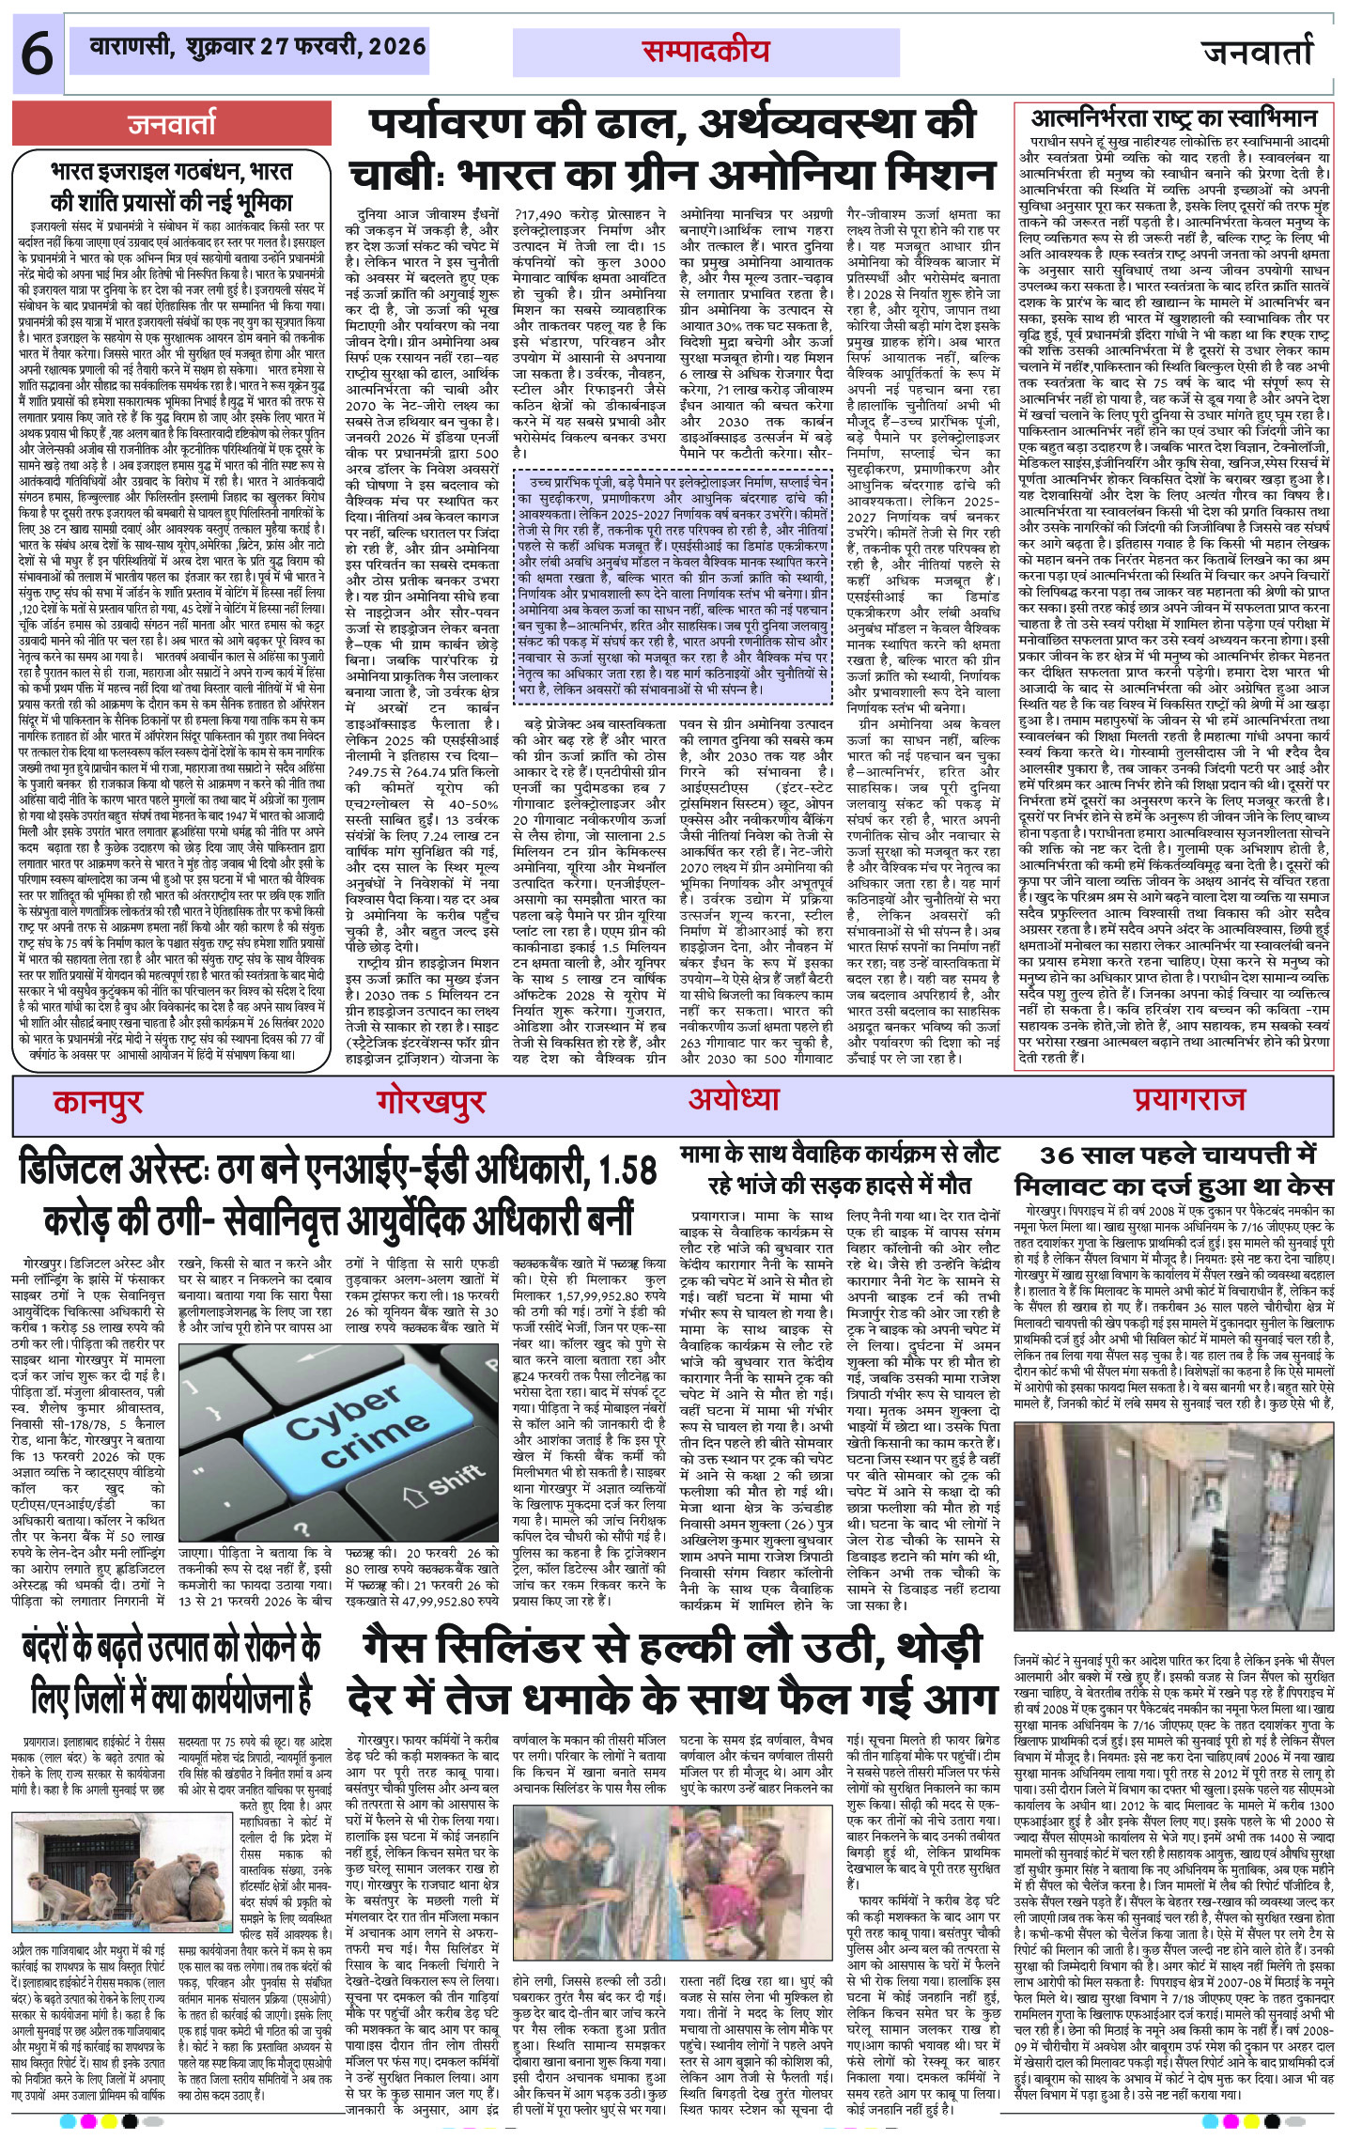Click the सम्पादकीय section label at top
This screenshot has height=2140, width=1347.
(705, 52)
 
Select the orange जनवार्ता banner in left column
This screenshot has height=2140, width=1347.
(171, 124)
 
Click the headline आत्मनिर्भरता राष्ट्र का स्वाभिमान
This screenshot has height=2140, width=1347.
(1174, 118)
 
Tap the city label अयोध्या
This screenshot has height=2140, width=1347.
(734, 1098)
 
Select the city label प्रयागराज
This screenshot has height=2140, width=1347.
(1188, 1098)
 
